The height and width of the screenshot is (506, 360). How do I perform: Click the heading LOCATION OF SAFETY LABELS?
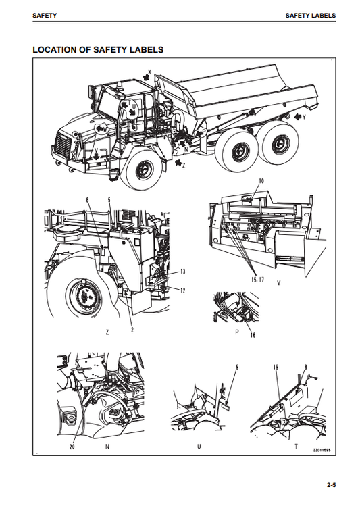tap(99, 50)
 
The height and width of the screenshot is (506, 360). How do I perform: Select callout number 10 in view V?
tap(262, 182)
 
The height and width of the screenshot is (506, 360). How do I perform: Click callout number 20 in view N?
tap(72, 447)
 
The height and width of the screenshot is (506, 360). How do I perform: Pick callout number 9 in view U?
tap(237, 367)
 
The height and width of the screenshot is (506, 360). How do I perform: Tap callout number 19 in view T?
tap(276, 367)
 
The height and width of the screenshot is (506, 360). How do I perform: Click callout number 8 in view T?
tap(306, 367)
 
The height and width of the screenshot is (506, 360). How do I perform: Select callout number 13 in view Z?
tap(181, 271)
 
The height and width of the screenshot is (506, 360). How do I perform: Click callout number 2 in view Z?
tap(132, 330)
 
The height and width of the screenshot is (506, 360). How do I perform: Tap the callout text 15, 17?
tap(255, 278)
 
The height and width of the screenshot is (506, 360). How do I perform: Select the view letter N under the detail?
tap(107, 447)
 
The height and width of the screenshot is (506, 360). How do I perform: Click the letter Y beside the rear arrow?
tap(304, 117)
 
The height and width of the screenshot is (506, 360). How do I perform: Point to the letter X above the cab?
tap(149, 70)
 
